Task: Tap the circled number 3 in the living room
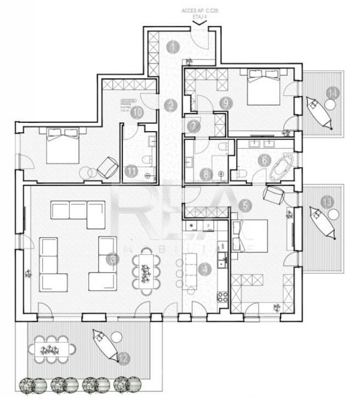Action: coord(113,259)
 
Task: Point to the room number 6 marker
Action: coord(264,161)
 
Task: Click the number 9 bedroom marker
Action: coord(226,103)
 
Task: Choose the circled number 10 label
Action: coord(137,112)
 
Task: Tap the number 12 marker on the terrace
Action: coord(124,359)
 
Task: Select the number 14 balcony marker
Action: coord(332,93)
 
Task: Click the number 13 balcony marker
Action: coord(327,202)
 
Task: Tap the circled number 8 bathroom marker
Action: coord(206,174)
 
